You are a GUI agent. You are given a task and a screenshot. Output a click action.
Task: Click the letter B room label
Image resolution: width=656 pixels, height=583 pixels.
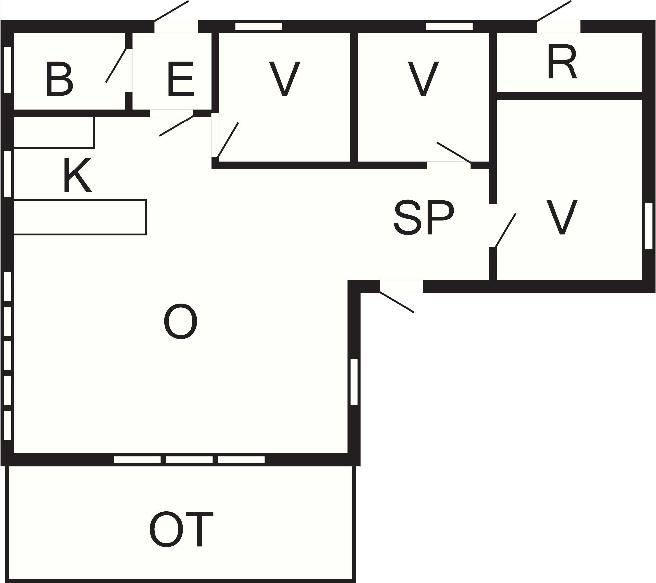click(x=60, y=79)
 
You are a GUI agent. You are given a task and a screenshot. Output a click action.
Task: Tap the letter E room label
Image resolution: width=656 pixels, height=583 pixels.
click(x=180, y=79)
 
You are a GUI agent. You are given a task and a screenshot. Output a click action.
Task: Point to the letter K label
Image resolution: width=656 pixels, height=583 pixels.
click(x=77, y=175)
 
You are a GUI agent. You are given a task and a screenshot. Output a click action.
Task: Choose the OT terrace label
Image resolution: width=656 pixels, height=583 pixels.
click(x=181, y=529)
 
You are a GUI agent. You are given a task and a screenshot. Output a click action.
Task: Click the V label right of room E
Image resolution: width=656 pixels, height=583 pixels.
click(x=284, y=79)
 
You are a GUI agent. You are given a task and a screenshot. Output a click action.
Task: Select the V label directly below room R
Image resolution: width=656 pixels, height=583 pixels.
click(x=562, y=218)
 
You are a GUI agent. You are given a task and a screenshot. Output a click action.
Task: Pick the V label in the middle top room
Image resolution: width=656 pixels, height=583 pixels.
click(x=423, y=79)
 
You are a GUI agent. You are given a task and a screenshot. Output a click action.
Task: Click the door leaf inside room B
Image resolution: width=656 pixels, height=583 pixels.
click(x=116, y=65)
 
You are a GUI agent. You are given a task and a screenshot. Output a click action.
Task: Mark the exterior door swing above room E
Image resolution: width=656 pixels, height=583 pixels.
click(x=171, y=11)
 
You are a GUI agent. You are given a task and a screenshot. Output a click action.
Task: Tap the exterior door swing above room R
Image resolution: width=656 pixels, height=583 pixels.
click(x=554, y=11)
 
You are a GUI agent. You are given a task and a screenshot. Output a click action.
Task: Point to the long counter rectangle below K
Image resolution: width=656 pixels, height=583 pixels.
click(x=80, y=217)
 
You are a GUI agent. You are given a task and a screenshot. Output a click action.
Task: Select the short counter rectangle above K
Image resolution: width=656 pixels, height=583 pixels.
click(x=54, y=132)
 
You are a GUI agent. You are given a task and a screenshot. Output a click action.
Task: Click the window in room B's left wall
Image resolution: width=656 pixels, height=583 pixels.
click(x=7, y=70)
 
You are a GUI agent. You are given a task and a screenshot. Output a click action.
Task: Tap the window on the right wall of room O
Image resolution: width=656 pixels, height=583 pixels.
click(x=354, y=382)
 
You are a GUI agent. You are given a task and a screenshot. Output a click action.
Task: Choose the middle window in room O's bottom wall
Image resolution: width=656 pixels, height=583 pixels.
click(x=189, y=460)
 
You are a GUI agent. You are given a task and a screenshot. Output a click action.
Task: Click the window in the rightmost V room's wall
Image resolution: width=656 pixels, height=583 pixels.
click(x=649, y=226)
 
